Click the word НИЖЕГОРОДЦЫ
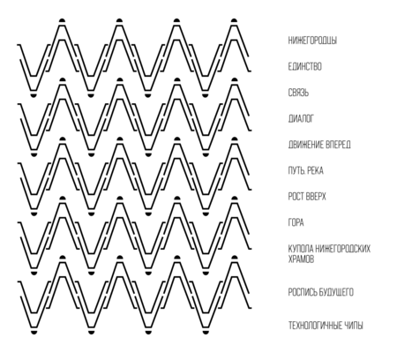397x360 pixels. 312,41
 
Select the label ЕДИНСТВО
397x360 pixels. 304,66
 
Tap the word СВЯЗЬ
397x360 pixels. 298,93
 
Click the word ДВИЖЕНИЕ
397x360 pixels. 303,145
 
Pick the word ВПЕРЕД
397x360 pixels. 334,145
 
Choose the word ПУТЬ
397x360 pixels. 296,170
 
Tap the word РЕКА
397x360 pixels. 315,170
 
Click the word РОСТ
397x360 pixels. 296,197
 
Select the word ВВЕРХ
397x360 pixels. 316,197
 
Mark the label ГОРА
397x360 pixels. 296,222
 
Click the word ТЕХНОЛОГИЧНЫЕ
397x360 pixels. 311,326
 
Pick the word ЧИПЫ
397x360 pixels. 349,326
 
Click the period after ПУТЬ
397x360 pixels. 303,174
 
